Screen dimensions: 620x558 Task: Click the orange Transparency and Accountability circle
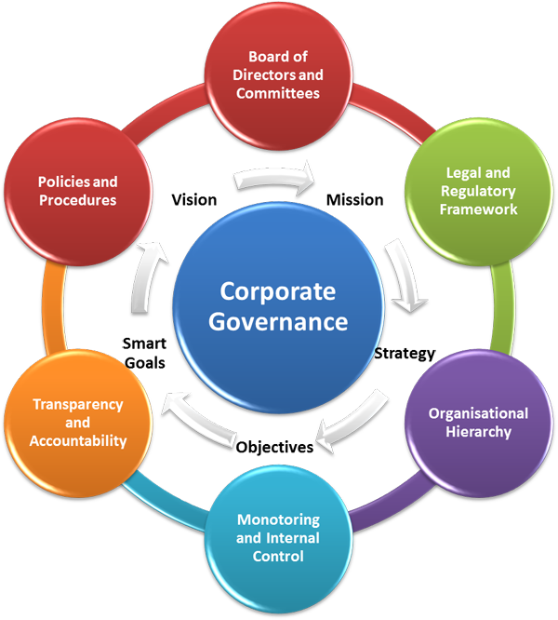pos(79,422)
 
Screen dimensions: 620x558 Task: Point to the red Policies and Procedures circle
pos(77,192)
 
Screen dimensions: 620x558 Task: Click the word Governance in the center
pos(278,323)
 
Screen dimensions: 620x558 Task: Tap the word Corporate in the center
pos(278,291)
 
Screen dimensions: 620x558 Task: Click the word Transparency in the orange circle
pos(79,405)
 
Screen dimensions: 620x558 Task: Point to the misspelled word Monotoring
pos(278,519)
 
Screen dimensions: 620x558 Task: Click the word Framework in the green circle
pos(481,209)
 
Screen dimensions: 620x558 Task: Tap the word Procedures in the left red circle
pos(78,200)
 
